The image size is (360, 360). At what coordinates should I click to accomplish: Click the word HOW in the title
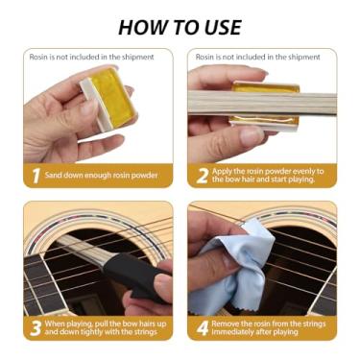tap(144, 25)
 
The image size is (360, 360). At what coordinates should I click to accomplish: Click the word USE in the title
tap(216, 25)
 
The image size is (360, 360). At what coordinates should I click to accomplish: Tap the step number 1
tap(34, 177)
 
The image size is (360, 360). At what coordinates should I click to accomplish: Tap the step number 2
tap(203, 177)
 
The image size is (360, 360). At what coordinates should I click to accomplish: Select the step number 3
tap(35, 328)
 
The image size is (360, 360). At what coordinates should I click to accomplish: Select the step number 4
tap(203, 328)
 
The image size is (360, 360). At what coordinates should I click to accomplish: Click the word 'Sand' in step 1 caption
tap(57, 176)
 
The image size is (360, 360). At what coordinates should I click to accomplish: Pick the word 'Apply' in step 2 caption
tap(227, 171)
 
